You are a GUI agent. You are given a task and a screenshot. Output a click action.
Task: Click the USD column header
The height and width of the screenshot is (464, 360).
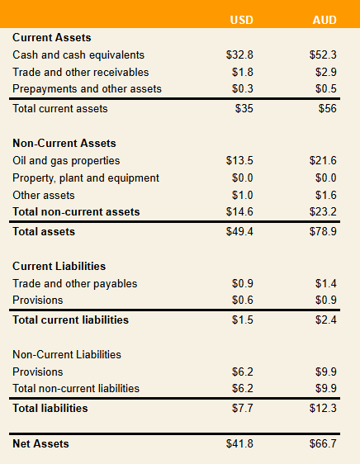(242, 20)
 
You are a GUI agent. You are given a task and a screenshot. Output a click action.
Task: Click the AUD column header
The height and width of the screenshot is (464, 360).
(324, 20)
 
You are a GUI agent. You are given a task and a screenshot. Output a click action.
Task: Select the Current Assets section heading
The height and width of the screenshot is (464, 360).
(52, 38)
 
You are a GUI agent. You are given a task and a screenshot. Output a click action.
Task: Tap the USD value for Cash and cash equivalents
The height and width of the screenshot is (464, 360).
(239, 54)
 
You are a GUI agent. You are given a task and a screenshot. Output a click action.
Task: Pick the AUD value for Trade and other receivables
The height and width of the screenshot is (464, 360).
(325, 72)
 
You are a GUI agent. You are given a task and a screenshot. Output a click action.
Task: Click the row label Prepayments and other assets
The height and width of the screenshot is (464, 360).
(87, 89)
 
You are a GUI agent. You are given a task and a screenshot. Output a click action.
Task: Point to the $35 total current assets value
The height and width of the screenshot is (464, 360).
(244, 108)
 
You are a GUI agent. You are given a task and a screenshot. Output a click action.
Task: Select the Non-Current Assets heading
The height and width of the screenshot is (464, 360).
(64, 143)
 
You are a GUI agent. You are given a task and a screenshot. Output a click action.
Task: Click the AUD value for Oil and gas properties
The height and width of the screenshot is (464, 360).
(323, 160)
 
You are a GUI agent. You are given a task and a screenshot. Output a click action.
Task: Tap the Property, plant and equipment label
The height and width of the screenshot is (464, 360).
(86, 178)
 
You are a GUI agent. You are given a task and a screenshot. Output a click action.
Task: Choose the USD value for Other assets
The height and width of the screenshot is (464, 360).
(243, 195)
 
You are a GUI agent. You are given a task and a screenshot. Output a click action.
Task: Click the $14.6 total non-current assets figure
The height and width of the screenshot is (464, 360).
(239, 211)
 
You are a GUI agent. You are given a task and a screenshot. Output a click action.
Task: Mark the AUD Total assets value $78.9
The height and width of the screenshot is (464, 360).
(323, 231)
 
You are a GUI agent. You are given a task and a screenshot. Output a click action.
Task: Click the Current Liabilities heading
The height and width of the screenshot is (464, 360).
(59, 266)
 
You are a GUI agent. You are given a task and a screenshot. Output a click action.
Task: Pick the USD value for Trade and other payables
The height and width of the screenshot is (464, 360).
(243, 283)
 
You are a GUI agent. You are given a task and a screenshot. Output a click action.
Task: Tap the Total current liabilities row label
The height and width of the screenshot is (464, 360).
(70, 320)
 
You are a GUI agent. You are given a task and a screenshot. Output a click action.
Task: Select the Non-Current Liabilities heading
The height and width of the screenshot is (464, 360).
(67, 354)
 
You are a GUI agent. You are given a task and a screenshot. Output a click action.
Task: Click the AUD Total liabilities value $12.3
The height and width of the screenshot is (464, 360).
(323, 408)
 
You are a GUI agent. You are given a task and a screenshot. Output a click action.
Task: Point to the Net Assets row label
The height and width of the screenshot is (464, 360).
(40, 443)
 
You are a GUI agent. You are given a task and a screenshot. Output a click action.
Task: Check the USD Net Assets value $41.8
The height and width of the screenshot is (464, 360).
(239, 443)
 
